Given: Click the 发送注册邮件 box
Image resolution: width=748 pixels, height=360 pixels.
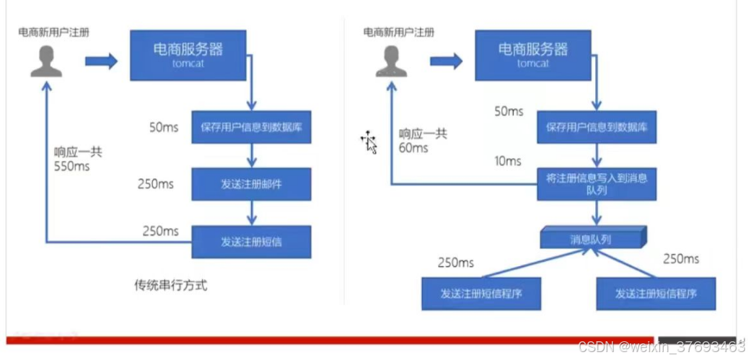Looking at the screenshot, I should (251, 184).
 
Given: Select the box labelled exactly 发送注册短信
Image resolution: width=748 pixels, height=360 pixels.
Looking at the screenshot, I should (251, 242).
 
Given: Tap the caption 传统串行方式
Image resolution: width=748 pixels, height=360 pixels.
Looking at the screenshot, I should (171, 285).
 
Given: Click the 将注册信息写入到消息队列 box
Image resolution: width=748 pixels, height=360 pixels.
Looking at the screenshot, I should (597, 184).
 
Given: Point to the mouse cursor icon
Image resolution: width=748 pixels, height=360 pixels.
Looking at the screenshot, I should (369, 142).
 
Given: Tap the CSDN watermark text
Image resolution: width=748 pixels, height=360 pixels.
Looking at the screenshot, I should (661, 347).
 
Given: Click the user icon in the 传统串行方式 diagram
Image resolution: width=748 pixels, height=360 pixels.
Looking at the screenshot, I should (46, 61).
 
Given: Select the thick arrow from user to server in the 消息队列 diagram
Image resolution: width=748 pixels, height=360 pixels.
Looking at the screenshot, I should (446, 61).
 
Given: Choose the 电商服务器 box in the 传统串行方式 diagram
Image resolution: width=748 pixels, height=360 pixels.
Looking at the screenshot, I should (188, 55).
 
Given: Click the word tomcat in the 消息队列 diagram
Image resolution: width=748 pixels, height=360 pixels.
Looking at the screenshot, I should (533, 63).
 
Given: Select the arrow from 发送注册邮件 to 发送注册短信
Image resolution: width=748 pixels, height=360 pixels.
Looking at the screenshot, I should (251, 213).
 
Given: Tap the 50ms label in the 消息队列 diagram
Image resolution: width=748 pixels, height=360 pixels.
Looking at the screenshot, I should (509, 111).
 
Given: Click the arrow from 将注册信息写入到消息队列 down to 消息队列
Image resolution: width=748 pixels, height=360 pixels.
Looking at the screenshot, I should (597, 213).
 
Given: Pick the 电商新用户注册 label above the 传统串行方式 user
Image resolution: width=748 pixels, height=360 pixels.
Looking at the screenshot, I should (54, 32).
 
